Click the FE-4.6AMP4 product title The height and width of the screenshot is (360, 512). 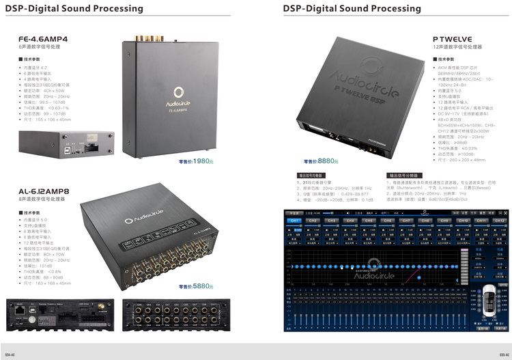pos(42,40)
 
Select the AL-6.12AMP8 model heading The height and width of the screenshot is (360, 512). pos(44,191)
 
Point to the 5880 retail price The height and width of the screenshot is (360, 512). pos(201,287)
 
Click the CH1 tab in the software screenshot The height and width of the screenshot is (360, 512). pos(294,221)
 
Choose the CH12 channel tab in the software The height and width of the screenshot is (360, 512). pos(499,221)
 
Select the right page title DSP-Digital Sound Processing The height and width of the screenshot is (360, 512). pos(352,9)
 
